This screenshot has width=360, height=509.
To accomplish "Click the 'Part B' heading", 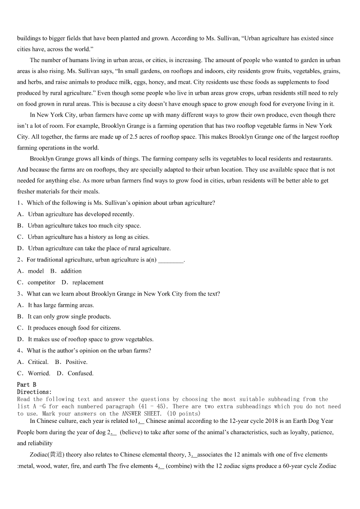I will click(26, 384).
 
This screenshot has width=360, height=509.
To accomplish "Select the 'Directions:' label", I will click(34, 392).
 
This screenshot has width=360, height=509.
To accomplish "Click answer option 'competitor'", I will click(41, 282).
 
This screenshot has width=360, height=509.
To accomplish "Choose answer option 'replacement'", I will click(88, 282).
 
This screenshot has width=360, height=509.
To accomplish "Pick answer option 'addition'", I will click(71, 271).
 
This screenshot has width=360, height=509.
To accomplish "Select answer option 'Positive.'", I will click(77, 362).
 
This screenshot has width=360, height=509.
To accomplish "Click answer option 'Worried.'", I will click(39, 373).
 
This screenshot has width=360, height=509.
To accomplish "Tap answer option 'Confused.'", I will click(81, 373).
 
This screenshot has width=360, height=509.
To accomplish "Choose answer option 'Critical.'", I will click(38, 362).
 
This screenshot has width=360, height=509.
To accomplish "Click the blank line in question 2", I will click(171, 260).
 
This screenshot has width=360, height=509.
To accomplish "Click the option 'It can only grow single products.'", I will click(69, 316).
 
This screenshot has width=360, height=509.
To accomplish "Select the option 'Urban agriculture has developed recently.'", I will click(81, 214).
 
